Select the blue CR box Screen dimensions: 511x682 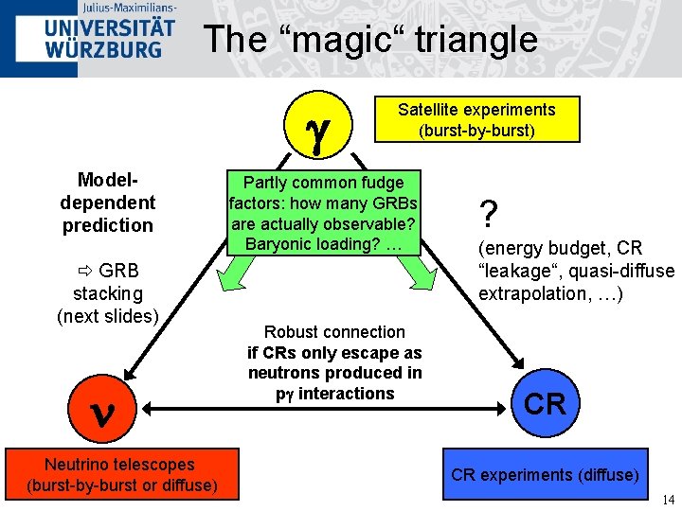click(x=546, y=405)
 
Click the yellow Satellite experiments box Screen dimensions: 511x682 click(x=476, y=119)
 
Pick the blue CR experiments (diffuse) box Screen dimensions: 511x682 click(x=545, y=475)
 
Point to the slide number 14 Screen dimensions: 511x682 click(x=668, y=500)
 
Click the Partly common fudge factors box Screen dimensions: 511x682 click(x=323, y=213)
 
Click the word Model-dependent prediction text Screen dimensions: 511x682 click(x=107, y=203)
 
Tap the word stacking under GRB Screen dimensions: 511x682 click(x=107, y=292)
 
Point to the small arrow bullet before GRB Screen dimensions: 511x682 click(x=82, y=271)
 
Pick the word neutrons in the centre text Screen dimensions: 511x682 click(x=280, y=373)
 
